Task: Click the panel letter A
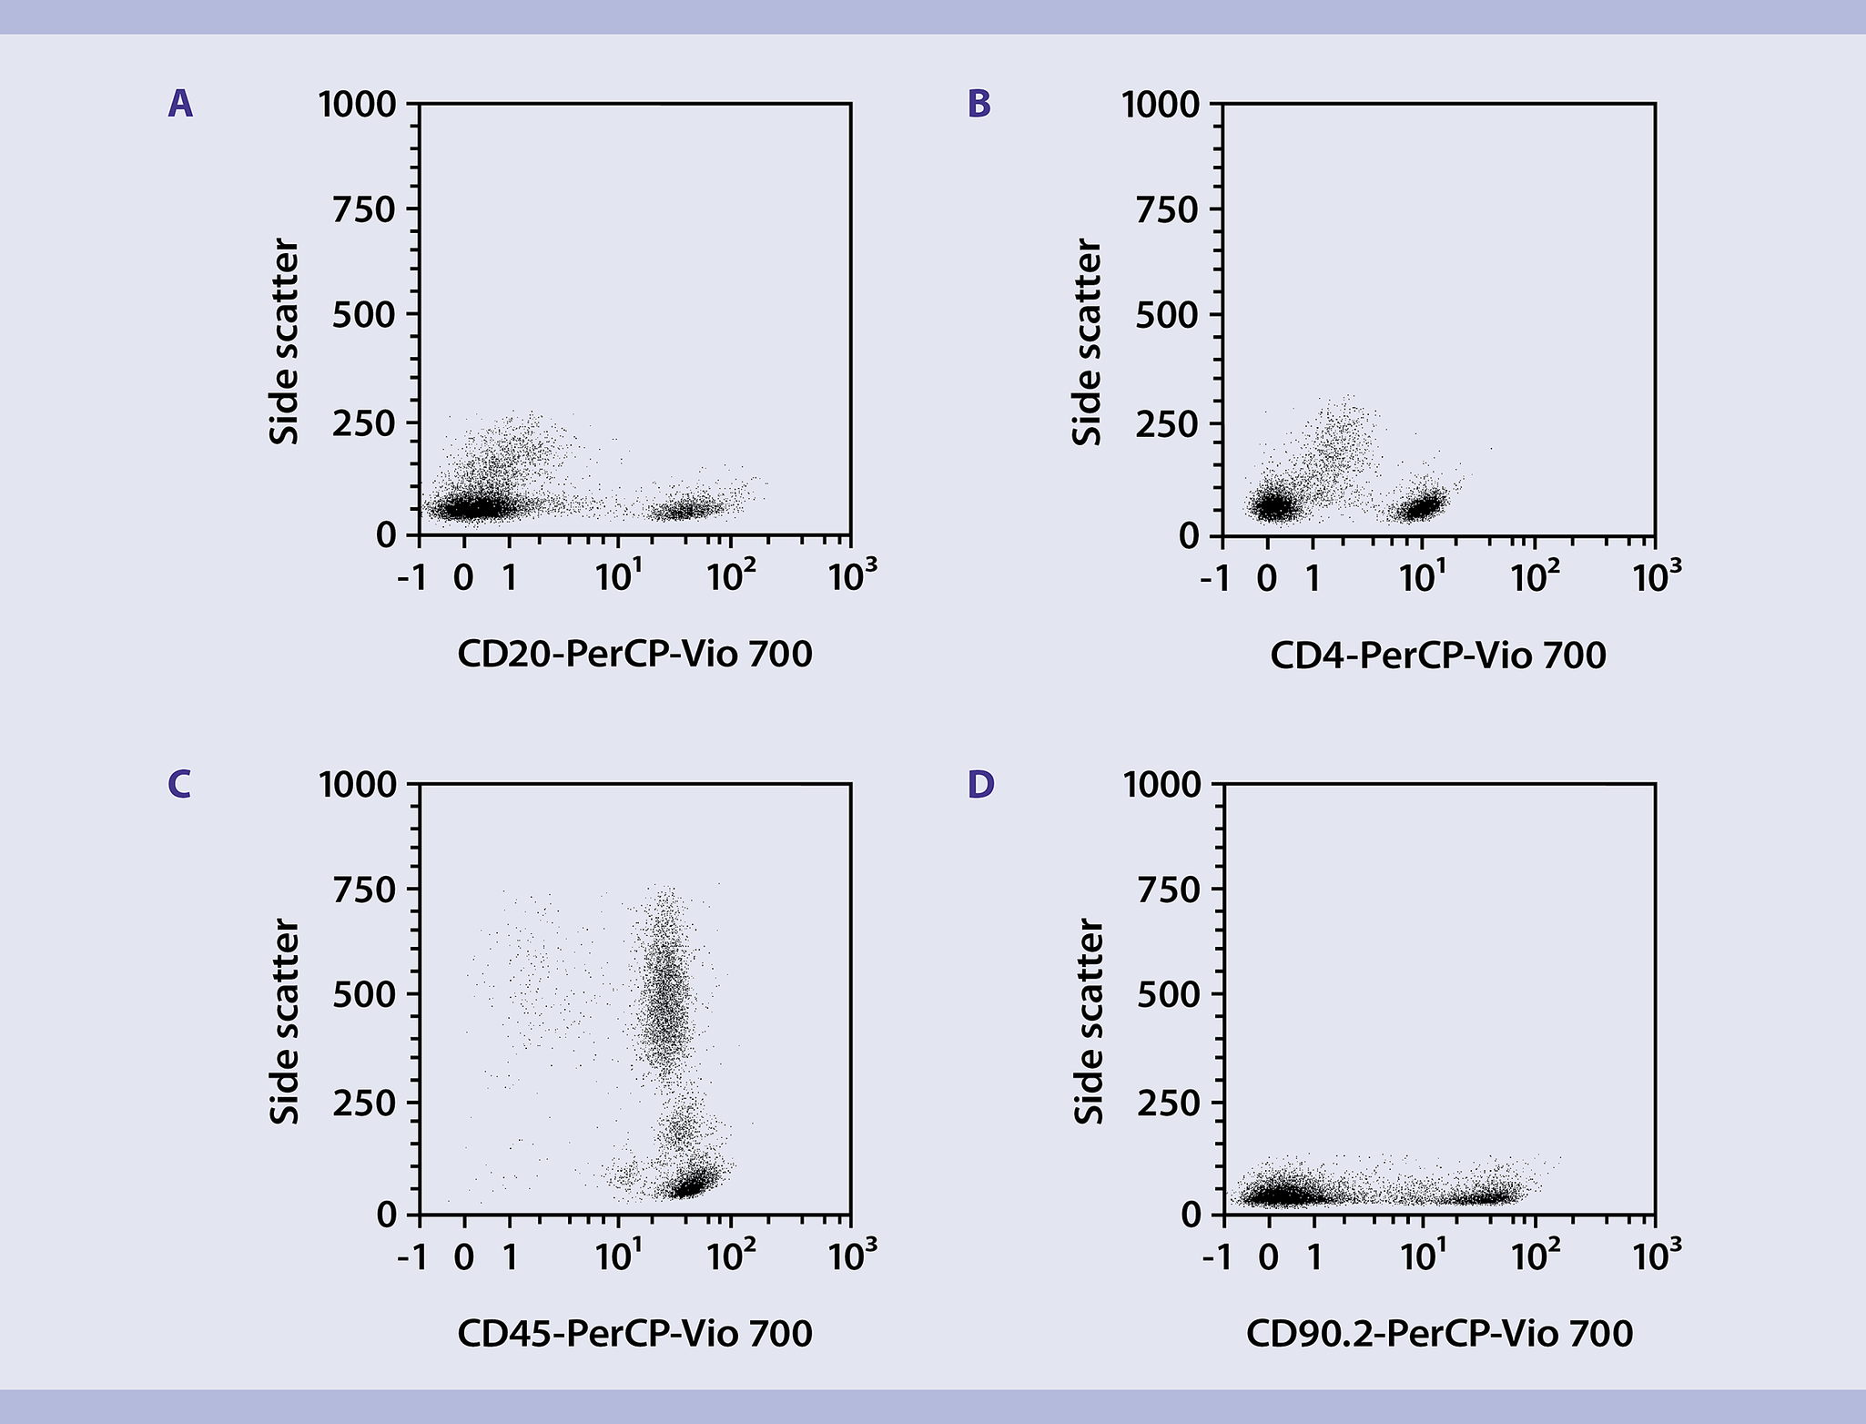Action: click(180, 105)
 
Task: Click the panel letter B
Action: click(979, 105)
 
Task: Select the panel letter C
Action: click(179, 784)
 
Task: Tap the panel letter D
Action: click(980, 784)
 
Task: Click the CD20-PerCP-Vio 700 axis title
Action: click(634, 655)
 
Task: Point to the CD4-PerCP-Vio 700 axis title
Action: click(1437, 655)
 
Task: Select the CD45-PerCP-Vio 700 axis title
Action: click(634, 1334)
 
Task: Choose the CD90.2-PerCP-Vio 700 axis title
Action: click(1438, 1334)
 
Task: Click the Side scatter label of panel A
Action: click(285, 341)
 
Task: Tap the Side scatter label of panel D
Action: click(1089, 1021)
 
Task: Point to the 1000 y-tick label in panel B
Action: click(1161, 105)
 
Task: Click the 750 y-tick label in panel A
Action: click(364, 210)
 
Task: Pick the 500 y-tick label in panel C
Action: click(364, 995)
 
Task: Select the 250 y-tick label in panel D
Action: click(1168, 1103)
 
